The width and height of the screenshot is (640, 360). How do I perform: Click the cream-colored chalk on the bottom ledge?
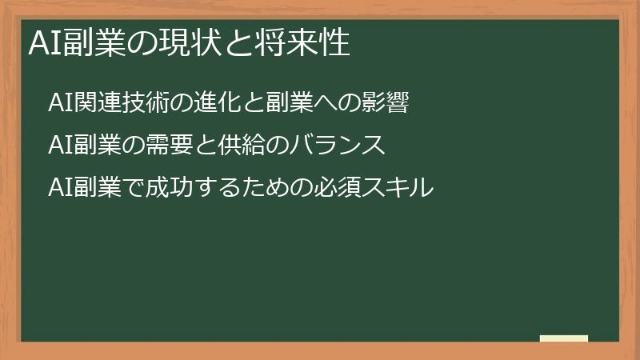click(564, 338)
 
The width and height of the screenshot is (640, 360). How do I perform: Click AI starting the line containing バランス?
click(60, 145)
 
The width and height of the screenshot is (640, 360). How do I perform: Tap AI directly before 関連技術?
click(60, 103)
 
